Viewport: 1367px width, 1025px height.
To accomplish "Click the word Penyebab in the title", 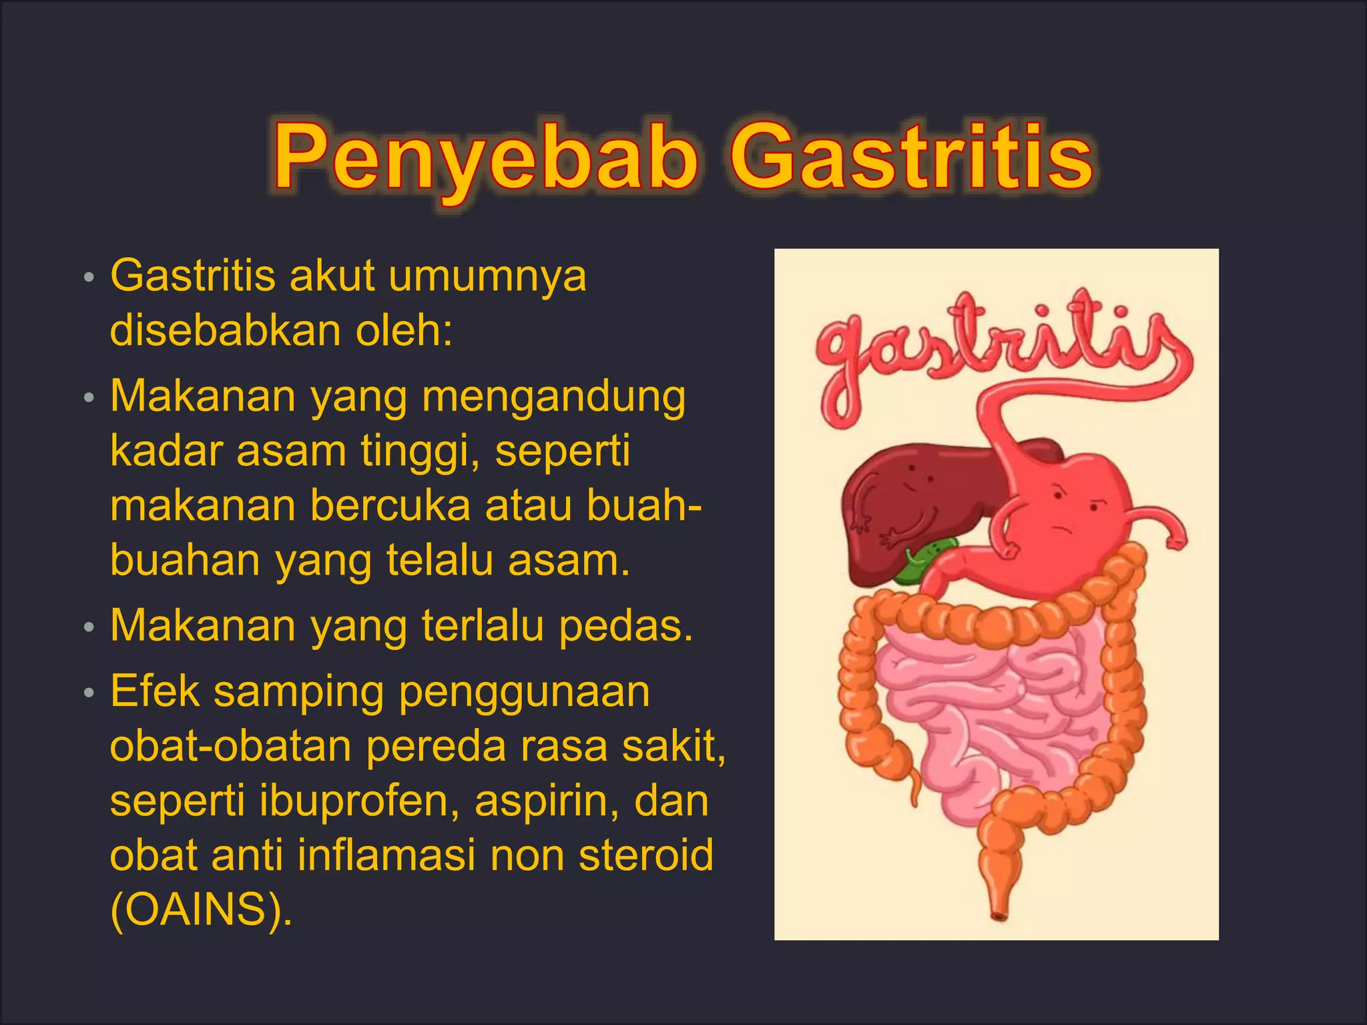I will coord(486,157).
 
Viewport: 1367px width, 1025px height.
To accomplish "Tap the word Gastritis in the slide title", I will coord(910,157).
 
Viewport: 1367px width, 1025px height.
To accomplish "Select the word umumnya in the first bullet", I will coord(487,276).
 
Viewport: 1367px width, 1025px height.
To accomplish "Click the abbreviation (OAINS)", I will coord(201,910).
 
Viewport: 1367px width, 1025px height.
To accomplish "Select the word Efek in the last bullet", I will coord(155,691).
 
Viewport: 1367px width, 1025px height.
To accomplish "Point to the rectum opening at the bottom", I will coord(999,914).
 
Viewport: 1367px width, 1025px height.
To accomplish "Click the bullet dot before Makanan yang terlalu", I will coord(89,628).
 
